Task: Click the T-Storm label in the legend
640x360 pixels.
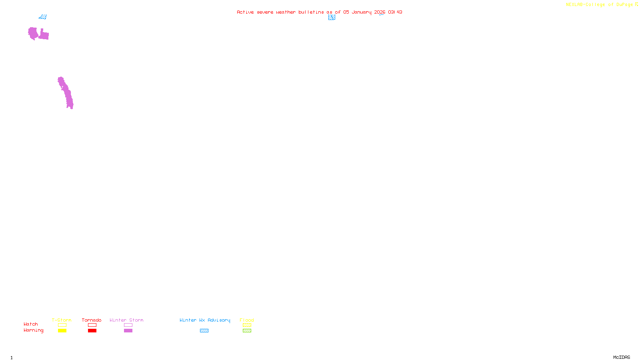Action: pos(62,320)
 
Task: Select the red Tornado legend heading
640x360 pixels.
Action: pos(92,320)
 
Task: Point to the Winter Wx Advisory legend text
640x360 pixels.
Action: pos(205,320)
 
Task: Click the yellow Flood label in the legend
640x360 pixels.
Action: pos(247,320)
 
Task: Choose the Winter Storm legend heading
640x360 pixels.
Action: pos(126,320)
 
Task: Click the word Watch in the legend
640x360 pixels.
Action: pos(31,324)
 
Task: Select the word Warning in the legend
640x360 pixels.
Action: pos(33,330)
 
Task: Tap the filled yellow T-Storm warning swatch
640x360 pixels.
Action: pos(62,331)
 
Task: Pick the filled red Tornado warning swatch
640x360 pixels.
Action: pos(92,331)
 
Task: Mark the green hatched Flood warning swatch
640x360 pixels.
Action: pos(247,331)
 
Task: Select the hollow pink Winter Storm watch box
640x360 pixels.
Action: pos(128,325)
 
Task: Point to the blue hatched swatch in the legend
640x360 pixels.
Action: pos(204,331)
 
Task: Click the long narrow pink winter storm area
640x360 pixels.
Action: pos(66,92)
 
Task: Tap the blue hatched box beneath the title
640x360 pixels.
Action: pos(332,17)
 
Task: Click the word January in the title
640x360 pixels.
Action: pos(361,12)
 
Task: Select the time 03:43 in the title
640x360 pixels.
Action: pos(395,12)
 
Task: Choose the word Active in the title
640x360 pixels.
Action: pos(245,12)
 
